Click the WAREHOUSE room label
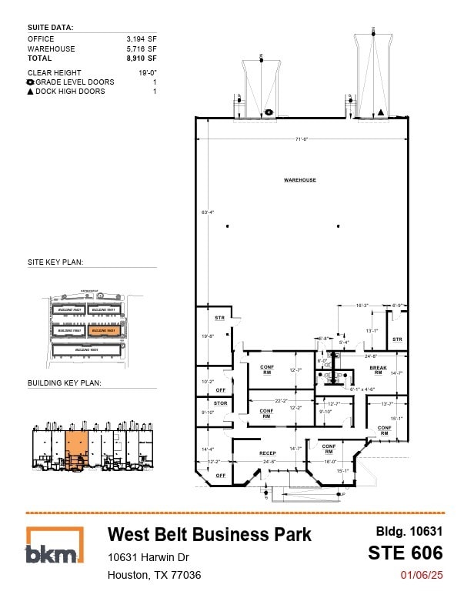click(299, 180)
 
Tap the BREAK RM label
click(378, 369)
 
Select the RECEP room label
click(267, 453)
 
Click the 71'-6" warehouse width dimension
click(301, 139)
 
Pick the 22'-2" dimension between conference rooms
click(281, 400)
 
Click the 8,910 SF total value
click(142, 58)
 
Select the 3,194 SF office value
click(142, 38)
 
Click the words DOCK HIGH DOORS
click(73, 92)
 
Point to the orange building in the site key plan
click(104, 330)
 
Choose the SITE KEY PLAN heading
click(55, 262)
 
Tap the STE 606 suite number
click(405, 553)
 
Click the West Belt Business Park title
click(209, 534)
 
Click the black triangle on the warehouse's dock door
click(380, 112)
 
